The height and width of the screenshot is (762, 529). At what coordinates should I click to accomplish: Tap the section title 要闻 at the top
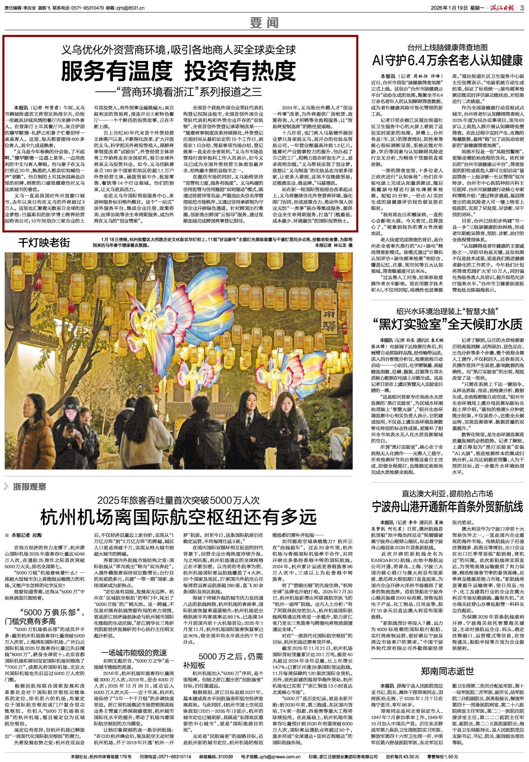coord(265,23)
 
